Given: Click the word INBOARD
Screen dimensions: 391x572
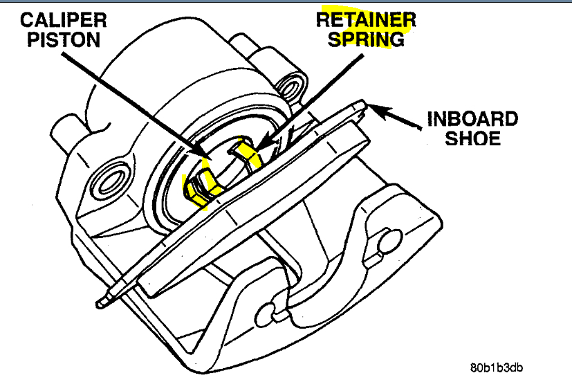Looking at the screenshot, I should click(x=472, y=118).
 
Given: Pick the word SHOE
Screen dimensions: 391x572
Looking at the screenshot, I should click(x=472, y=138).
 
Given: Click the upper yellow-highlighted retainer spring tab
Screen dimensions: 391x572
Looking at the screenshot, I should click(x=248, y=152).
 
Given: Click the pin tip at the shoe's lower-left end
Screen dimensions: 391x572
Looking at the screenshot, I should click(x=101, y=302).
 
